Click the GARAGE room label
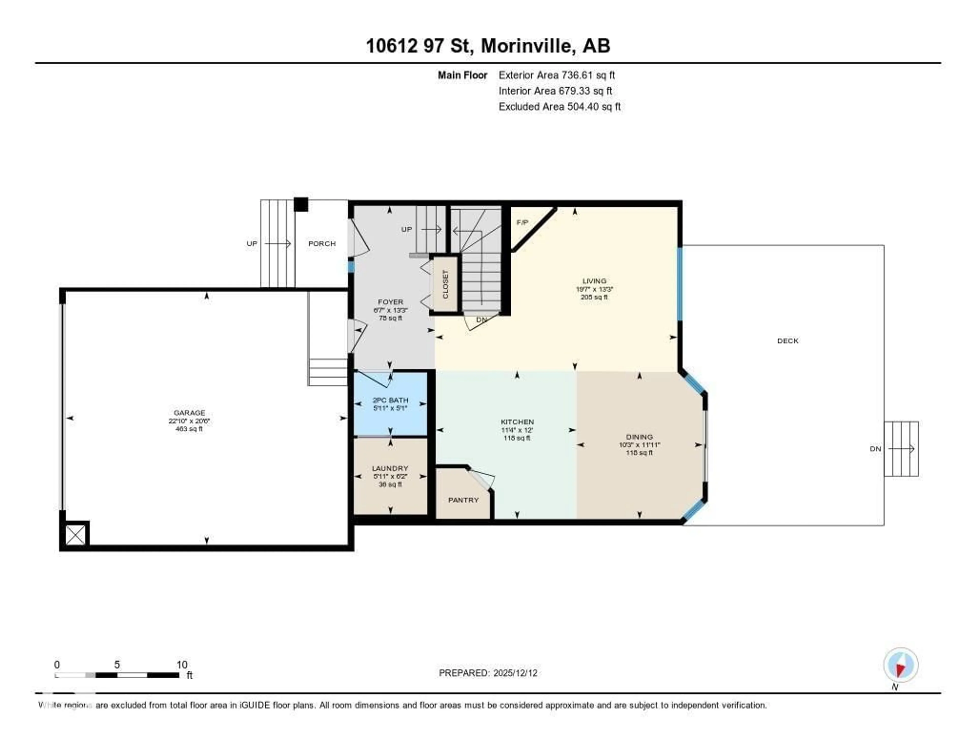point(189,413)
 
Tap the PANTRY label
point(463,500)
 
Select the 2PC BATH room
point(390,404)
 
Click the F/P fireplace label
point(522,222)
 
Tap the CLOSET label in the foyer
point(445,284)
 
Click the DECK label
point(787,341)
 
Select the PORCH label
point(322,244)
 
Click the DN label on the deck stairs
point(875,449)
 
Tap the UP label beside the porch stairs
point(252,244)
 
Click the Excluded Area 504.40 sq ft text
point(559,106)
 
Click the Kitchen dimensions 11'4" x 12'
point(517,430)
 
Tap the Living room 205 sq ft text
point(594,297)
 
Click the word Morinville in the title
point(528,46)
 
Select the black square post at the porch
point(301,204)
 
